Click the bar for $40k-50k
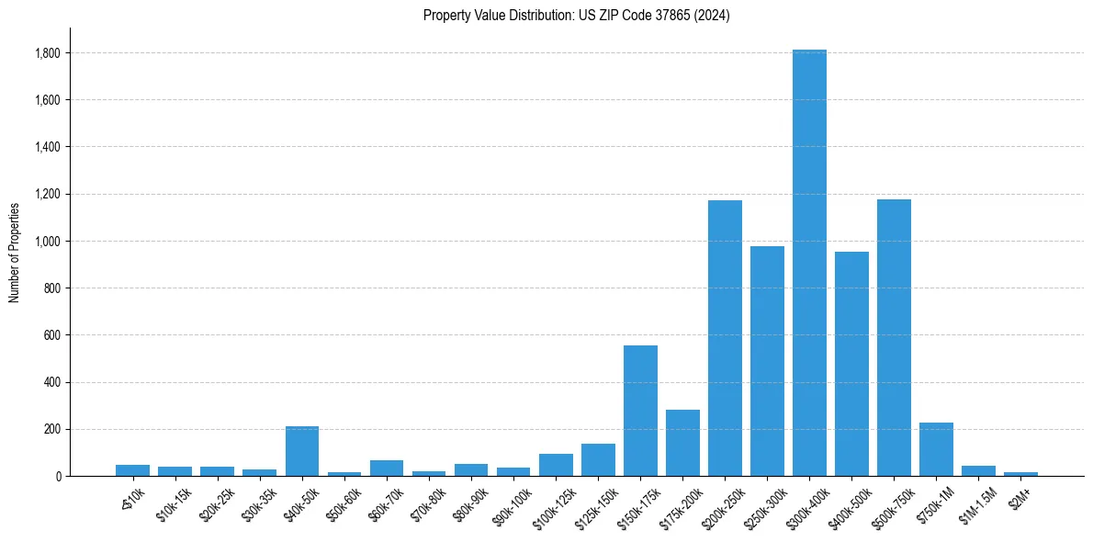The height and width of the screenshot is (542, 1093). pyautogui.click(x=302, y=451)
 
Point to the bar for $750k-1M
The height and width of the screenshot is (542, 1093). pyautogui.click(x=936, y=449)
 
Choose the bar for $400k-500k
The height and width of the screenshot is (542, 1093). pyautogui.click(x=851, y=364)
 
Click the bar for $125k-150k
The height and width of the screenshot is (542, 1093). pyautogui.click(x=598, y=460)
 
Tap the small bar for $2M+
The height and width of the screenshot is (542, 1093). pyautogui.click(x=1020, y=474)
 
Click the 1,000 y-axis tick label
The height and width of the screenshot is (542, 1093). pyautogui.click(x=48, y=242)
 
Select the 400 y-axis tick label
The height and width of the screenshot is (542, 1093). pyautogui.click(x=53, y=382)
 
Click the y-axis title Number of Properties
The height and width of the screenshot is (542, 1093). pyautogui.click(x=15, y=252)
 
